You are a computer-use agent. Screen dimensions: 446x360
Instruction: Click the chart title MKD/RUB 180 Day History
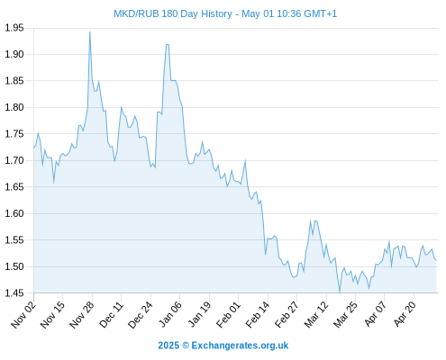tap(173, 13)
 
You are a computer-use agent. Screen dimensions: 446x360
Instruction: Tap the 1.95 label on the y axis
tap(14, 28)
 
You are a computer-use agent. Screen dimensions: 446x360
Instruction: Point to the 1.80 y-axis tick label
tap(14, 107)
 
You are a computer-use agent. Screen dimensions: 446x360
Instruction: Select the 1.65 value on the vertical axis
tap(14, 187)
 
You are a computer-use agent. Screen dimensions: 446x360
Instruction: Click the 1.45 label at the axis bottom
tap(14, 292)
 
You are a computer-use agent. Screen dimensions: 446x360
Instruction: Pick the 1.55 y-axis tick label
tap(14, 240)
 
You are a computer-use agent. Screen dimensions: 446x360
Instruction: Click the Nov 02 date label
tap(23, 314)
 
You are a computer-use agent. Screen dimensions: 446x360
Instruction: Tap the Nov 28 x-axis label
tap(82, 314)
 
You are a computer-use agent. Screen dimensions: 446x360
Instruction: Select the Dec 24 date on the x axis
tap(141, 314)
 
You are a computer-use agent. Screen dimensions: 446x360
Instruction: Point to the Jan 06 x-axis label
tap(169, 314)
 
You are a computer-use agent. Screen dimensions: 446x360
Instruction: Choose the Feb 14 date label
tap(258, 314)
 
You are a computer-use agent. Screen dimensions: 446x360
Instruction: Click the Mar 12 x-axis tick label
tap(316, 314)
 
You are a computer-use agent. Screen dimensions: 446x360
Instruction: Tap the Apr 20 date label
tap(404, 314)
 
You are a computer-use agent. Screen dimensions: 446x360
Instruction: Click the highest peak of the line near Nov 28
tap(89, 31)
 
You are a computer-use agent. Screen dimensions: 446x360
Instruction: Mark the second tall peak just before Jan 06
tap(168, 44)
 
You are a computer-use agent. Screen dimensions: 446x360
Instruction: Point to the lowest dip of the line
tap(340, 292)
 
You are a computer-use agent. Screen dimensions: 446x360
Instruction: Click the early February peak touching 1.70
tap(245, 160)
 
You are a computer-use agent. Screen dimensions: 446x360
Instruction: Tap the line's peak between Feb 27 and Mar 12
tap(311, 220)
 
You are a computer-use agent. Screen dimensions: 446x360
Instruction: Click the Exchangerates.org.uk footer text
tap(240, 346)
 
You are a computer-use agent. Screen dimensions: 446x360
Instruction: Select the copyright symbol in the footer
tap(186, 346)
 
